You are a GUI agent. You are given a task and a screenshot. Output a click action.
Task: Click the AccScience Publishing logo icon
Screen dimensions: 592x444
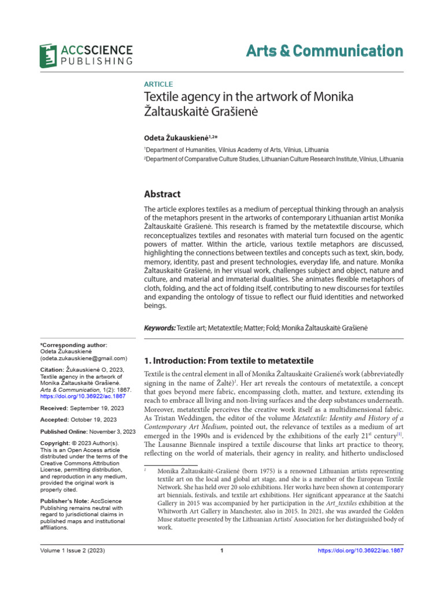point(48,54)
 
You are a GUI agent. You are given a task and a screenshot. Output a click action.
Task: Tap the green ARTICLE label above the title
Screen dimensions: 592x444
point(158,84)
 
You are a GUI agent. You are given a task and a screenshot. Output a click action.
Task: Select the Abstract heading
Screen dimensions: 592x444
point(162,194)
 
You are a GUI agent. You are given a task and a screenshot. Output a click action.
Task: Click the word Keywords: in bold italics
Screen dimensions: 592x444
point(160,328)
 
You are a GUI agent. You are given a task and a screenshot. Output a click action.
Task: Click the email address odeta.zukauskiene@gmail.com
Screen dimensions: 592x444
point(79,358)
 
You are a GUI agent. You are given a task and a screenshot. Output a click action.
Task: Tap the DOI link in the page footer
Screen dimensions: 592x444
point(361,550)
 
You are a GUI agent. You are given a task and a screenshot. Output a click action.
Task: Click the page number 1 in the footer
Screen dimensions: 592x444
point(222,550)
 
